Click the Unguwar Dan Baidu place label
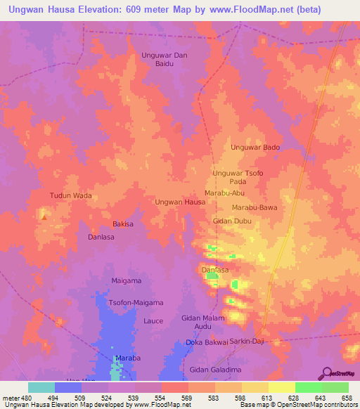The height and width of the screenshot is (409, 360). tap(165, 58)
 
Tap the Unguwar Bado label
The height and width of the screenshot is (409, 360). tap(255, 148)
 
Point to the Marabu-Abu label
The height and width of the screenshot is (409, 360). tap(224, 193)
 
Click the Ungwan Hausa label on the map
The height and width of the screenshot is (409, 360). tap(180, 202)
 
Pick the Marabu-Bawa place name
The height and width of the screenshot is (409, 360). tap(255, 208)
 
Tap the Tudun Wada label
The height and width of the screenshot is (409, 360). tap(71, 195)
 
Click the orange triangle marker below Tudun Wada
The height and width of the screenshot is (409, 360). tap(44, 216)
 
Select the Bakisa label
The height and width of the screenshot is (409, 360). tap(123, 224)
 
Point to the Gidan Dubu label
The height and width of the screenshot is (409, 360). tap(232, 221)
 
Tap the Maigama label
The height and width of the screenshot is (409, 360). tap(127, 281)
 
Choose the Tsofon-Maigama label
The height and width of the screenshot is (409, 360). tap(136, 303)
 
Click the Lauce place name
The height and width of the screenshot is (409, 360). tap(153, 321)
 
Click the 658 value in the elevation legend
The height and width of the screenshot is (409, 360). tap(347, 397)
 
